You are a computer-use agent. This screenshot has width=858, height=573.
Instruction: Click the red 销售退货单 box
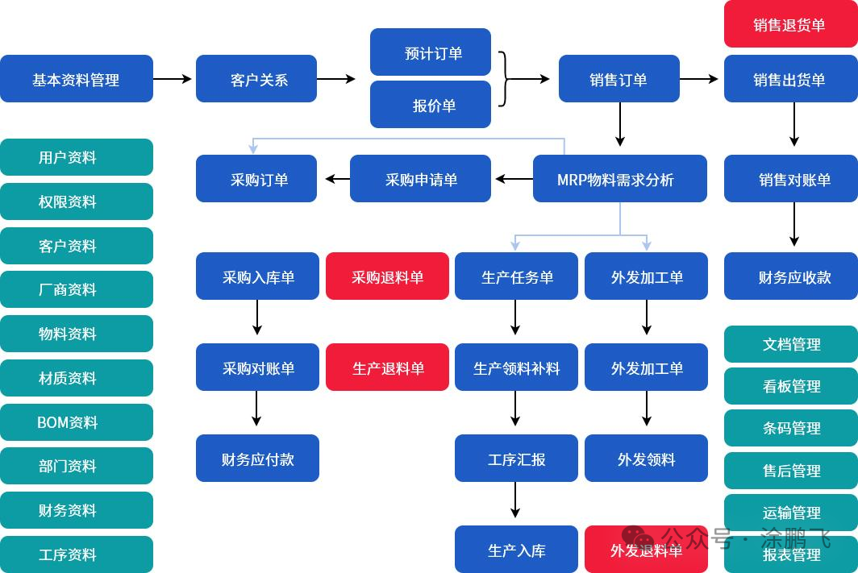click(x=790, y=24)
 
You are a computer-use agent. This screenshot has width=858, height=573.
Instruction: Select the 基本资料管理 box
click(x=77, y=79)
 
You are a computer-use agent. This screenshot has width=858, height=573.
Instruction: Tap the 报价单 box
click(x=431, y=105)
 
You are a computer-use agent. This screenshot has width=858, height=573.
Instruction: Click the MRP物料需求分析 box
click(x=619, y=179)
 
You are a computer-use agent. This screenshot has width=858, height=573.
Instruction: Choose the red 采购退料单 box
click(x=387, y=276)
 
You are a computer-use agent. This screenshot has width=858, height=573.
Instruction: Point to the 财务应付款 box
click(x=257, y=459)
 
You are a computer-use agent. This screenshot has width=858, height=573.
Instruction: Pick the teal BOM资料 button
click(x=77, y=422)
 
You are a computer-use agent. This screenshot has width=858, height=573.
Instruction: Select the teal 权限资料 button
click(x=77, y=201)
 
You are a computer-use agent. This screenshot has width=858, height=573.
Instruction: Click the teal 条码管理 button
click(x=790, y=428)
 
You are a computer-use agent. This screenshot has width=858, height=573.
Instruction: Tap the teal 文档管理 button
click(x=790, y=344)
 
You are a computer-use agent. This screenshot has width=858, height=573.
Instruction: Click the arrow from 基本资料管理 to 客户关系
click(x=173, y=79)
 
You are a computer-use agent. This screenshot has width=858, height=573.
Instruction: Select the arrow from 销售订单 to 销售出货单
click(x=699, y=79)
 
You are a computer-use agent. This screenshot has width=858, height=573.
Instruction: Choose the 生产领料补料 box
click(x=516, y=367)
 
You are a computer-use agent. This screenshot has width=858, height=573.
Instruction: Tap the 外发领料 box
click(x=646, y=459)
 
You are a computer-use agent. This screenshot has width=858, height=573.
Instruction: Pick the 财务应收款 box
click(x=794, y=276)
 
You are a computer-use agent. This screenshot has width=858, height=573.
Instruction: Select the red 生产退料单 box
click(x=387, y=367)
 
